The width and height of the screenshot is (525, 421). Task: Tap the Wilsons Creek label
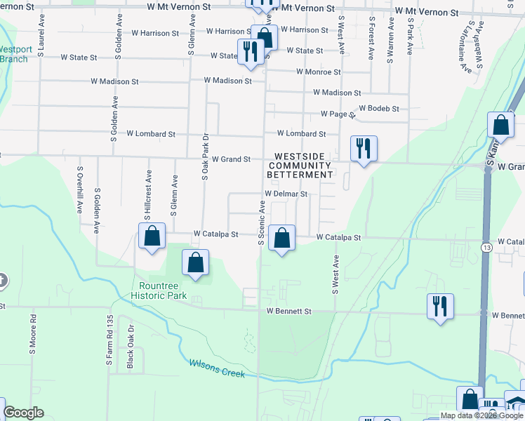click(217, 368)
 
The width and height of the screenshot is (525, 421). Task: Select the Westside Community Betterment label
click(303, 165)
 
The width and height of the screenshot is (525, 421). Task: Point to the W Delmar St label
click(286, 194)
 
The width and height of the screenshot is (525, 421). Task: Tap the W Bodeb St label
click(378, 109)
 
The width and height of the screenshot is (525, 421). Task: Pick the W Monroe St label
click(318, 72)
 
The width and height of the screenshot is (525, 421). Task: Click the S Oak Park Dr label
click(206, 157)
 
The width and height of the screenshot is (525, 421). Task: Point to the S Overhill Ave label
click(80, 190)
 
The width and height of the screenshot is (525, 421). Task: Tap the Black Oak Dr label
click(131, 350)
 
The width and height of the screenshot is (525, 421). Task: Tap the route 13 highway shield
click(486, 248)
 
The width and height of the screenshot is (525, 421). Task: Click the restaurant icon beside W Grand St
click(364, 148)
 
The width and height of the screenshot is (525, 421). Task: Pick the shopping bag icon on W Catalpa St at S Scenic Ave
click(281, 239)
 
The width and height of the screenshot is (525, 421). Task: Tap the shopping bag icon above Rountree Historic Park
click(196, 263)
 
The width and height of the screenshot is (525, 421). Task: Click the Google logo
click(23, 413)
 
